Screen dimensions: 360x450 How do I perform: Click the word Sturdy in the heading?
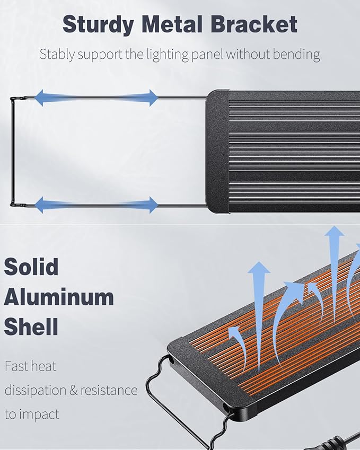coord(98,25)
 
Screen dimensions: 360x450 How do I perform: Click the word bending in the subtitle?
coord(296,55)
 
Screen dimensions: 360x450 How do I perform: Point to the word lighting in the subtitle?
coord(168,55)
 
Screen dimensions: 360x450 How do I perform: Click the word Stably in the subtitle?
coord(57,55)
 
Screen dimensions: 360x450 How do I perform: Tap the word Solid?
coord(31,267)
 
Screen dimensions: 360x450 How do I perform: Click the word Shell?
coord(31,327)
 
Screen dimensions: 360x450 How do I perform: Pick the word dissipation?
coord(36,391)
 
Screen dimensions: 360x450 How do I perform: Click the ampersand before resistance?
coord(74,391)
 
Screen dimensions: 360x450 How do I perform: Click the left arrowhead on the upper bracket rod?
coord(39,98)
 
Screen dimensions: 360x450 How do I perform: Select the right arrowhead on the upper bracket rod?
coord(153,98)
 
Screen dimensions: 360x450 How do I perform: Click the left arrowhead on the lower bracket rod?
coord(39,205)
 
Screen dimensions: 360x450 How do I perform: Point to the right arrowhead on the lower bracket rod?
coord(153,205)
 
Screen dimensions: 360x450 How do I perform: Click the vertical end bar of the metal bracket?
coord(12,152)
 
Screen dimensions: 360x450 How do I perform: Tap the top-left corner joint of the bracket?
coord(13,99)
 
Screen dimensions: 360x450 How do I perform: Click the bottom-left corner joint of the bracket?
coord(13,205)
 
